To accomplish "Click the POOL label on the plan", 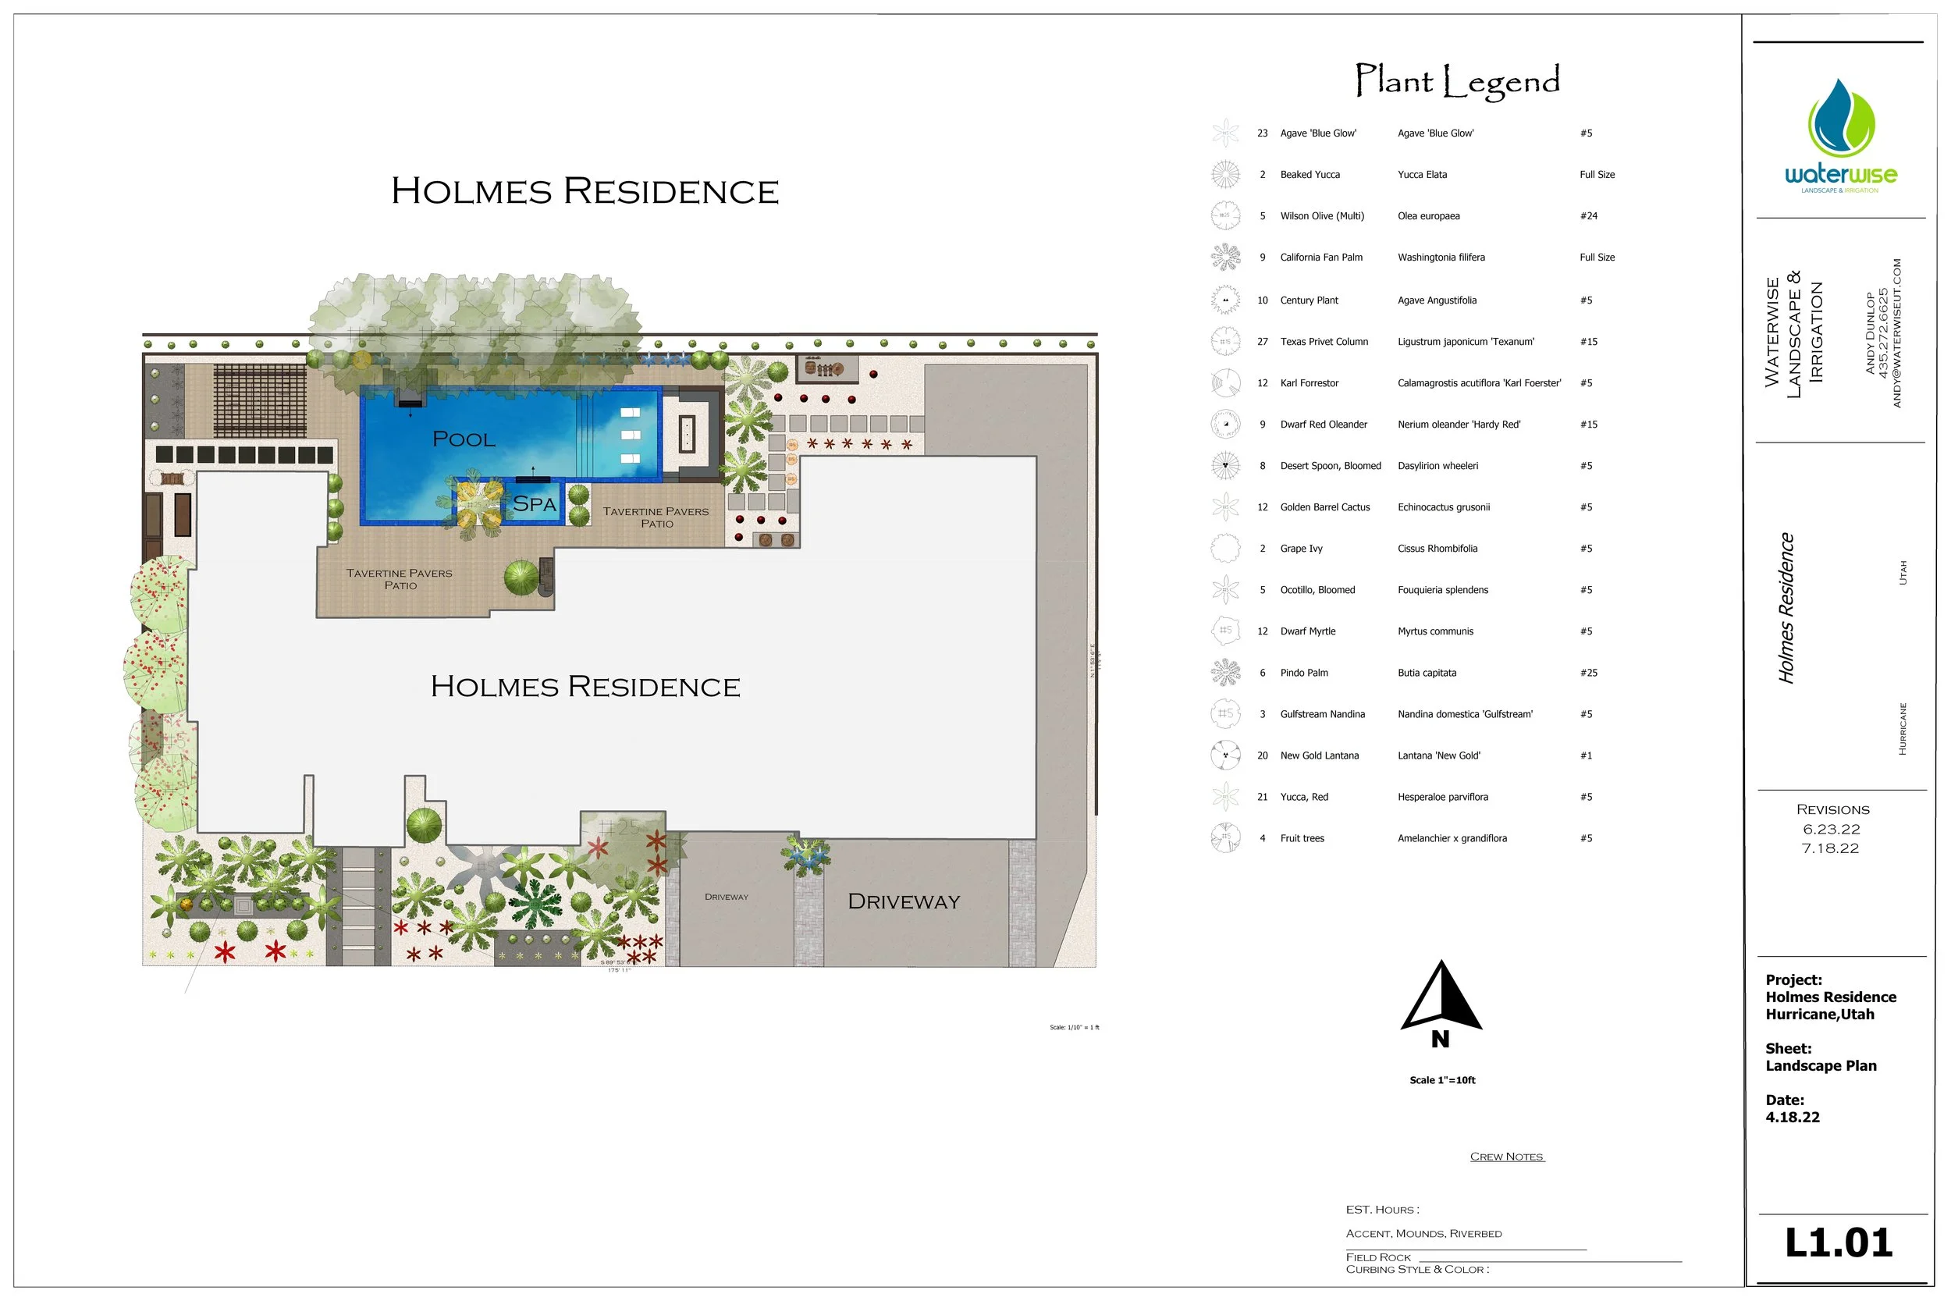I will point(464,439).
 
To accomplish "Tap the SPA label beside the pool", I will point(535,503).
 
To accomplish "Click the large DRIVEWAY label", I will point(904,902).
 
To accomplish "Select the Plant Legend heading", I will point(1456,81).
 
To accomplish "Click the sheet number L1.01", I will point(1838,1243).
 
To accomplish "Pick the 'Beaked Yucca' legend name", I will point(1310,175).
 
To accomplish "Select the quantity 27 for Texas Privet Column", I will point(1263,342).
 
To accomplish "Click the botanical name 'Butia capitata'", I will point(1427,673).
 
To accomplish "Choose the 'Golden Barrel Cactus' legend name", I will point(1324,507).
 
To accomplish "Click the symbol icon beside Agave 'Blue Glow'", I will point(1225,133).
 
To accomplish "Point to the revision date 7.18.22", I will point(1830,848).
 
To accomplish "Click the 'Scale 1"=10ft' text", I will point(1442,1080).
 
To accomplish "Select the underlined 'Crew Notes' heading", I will point(1506,1157).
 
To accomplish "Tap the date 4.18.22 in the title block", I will point(1793,1118).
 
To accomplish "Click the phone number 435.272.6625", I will point(1882,332).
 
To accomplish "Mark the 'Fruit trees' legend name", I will point(1302,839).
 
